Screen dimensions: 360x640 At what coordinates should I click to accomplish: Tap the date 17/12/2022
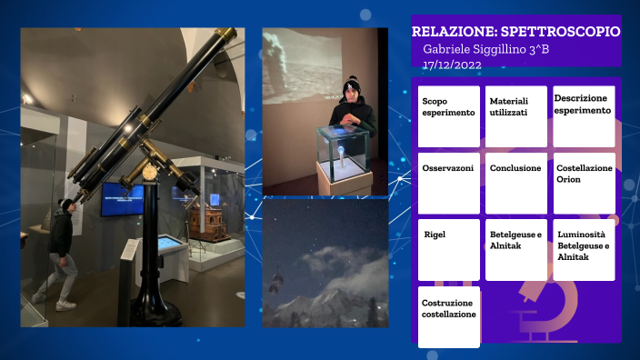[x=452, y=65]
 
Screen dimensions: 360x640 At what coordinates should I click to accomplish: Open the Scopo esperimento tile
[x=448, y=116]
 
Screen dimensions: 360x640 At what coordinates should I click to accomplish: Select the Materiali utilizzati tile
[x=516, y=116]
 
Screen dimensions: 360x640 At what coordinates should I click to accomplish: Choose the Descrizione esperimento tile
[x=584, y=116]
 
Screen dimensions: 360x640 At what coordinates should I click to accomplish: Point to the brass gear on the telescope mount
[x=149, y=171]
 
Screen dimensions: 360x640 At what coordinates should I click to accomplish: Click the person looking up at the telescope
[x=61, y=250]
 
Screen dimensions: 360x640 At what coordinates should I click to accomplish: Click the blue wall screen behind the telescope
[x=121, y=199]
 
